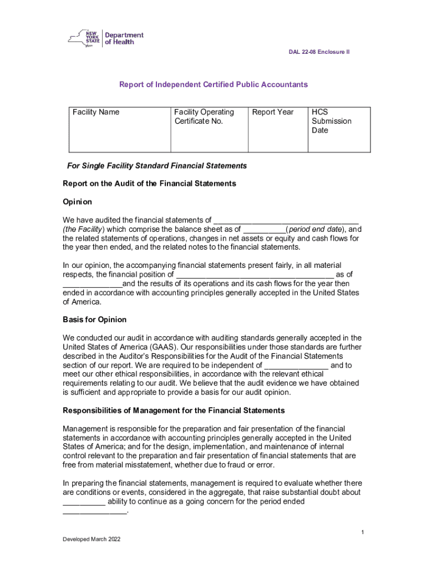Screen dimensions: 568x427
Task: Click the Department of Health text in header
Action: (124, 38)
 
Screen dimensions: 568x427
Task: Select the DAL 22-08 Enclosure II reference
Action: (319, 52)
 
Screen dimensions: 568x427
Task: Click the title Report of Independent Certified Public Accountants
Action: (213, 85)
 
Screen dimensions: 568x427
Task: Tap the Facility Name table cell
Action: (119, 129)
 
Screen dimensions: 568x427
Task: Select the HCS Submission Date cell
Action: (339, 129)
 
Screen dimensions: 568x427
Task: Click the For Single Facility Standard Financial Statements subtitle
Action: (157, 166)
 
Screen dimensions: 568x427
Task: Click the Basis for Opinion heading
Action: (94, 319)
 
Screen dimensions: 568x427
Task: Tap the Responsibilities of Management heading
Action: (174, 410)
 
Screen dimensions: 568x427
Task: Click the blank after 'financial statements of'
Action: (286, 220)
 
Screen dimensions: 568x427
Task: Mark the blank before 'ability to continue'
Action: (84, 501)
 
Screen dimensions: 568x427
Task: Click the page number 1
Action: (362, 532)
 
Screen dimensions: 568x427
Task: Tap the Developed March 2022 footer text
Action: (91, 539)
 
